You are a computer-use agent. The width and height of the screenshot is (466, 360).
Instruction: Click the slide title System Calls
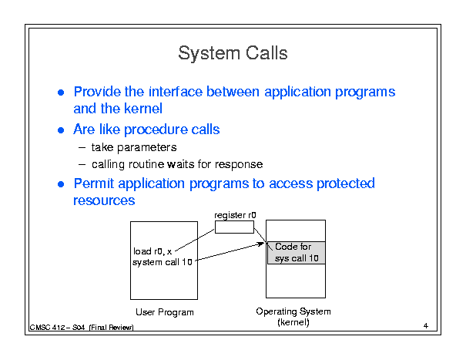coord(233,53)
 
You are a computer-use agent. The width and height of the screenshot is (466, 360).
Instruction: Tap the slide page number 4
coord(426,326)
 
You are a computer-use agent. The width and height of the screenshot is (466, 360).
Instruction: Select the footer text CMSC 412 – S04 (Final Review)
coord(82,328)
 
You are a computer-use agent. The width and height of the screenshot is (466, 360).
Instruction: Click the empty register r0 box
coord(234,227)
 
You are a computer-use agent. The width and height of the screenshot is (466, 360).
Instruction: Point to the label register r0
coord(235,215)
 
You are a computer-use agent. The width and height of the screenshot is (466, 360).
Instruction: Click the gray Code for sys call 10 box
coord(297,253)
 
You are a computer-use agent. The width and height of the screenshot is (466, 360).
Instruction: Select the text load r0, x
coord(153,251)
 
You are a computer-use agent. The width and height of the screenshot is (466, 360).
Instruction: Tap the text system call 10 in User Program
coord(163,262)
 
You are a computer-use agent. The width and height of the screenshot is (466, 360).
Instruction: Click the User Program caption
coord(165,312)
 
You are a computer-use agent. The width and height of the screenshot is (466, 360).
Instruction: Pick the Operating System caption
coord(293,311)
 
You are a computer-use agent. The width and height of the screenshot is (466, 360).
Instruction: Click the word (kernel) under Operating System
coord(293,322)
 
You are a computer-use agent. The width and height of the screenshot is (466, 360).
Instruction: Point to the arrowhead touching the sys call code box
coord(261,244)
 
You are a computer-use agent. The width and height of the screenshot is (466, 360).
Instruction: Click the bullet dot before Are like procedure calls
coord(61,130)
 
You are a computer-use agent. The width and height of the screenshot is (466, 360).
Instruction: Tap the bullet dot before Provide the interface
coord(61,93)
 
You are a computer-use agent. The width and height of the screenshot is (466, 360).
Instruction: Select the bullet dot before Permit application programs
coord(61,184)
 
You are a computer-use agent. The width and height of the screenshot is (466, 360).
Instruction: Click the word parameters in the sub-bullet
coord(147,147)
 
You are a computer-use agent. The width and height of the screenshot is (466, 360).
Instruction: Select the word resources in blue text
coord(104,200)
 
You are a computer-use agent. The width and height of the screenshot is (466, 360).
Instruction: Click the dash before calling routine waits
coord(82,164)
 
